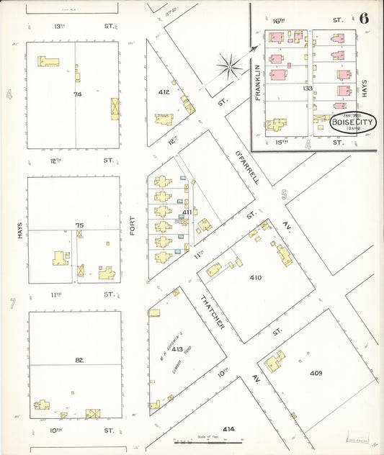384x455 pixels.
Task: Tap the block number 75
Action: point(79,225)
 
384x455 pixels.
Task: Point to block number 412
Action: point(164,92)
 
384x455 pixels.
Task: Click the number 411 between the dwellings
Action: point(187,212)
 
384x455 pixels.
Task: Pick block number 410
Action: point(255,277)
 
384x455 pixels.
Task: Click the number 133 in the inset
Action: point(309,88)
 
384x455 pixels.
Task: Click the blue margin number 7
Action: point(12,304)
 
